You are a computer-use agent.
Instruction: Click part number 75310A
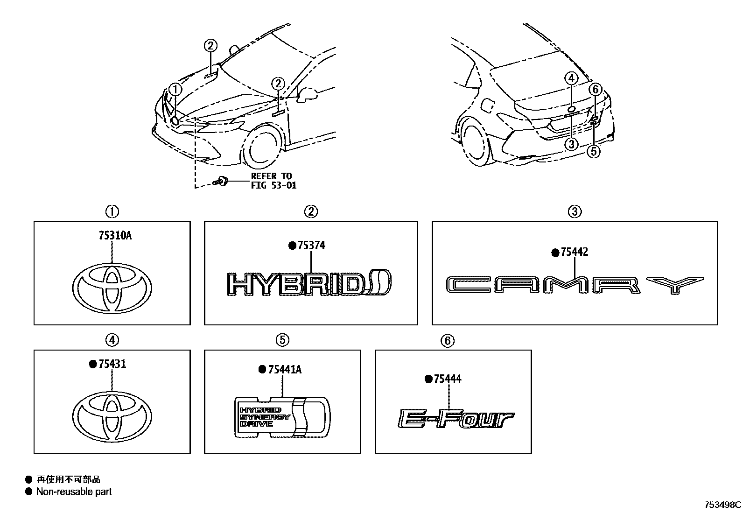(x=115, y=236)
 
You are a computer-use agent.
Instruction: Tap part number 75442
(x=574, y=252)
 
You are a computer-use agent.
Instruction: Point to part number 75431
(x=112, y=364)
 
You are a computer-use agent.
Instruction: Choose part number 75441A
(x=284, y=370)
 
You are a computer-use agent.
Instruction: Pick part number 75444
(x=447, y=379)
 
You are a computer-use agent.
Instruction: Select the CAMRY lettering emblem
(x=574, y=285)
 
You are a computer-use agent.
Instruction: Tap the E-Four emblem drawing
(x=456, y=418)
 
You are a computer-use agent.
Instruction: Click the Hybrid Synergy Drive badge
(x=282, y=417)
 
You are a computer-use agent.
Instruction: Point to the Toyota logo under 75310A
(x=112, y=287)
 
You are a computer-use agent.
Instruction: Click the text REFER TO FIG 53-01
(x=273, y=181)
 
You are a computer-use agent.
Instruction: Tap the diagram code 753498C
(x=722, y=505)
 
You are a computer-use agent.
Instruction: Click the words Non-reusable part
(x=74, y=492)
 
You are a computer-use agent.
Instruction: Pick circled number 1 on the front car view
(x=175, y=89)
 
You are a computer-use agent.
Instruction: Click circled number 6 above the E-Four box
(x=447, y=341)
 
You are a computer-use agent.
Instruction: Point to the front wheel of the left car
(x=262, y=148)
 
